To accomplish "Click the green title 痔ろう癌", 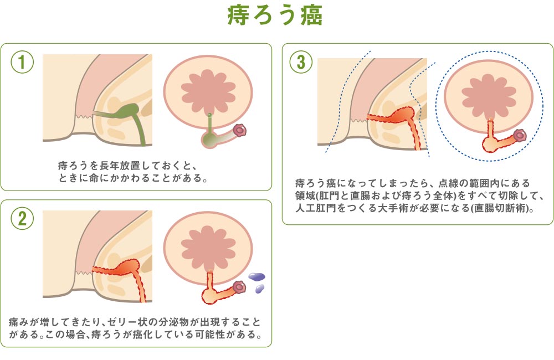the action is coord(275,15).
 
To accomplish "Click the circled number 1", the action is coord(22,62).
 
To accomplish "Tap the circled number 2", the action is coord(22,218).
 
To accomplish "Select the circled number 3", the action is coord(301,62).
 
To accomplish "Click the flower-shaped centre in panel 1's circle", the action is coord(208,90).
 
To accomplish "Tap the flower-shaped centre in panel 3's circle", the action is coord(489,95).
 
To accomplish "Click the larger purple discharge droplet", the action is coord(257,276).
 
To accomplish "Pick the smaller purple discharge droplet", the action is coord(260,289).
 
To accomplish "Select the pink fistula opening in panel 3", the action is coord(520,135).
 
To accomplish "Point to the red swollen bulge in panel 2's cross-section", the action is coord(128,267).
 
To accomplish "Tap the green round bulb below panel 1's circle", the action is coord(210,139).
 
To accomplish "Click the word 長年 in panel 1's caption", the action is coord(110,166).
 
